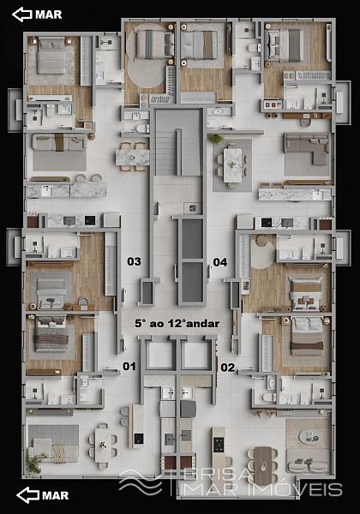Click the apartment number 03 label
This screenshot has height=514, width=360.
[134, 261]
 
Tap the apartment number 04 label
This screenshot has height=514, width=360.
[220, 262]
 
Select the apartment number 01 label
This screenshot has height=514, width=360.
[129, 366]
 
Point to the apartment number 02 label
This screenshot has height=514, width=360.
[227, 368]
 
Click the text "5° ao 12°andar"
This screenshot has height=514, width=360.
[177, 324]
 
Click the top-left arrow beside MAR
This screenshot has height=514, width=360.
[22, 15]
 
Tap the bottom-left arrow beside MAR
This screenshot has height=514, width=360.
[27, 495]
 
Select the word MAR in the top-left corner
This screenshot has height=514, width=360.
[49, 15]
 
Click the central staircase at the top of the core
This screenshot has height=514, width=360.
[178, 142]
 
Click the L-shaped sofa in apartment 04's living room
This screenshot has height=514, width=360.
[307, 148]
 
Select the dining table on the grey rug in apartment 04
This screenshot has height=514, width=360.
[233, 164]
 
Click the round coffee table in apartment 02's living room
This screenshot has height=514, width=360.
[310, 437]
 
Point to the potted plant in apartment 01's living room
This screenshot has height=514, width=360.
[33, 464]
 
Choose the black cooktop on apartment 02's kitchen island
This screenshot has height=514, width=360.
[219, 445]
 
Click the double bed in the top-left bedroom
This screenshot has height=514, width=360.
[51, 57]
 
